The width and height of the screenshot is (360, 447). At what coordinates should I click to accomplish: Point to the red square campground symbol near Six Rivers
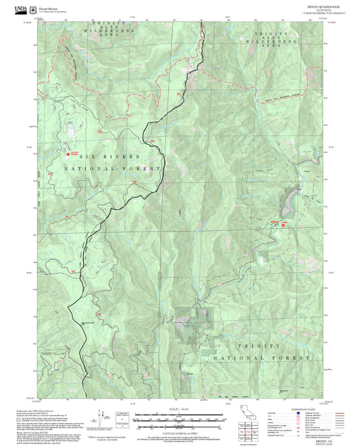pyautogui.click(x=66, y=153)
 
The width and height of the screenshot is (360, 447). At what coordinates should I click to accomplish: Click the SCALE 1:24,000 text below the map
pyautogui.click(x=179, y=409)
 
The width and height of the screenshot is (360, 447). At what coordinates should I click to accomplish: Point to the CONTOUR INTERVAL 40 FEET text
pyautogui.click(x=179, y=433)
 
